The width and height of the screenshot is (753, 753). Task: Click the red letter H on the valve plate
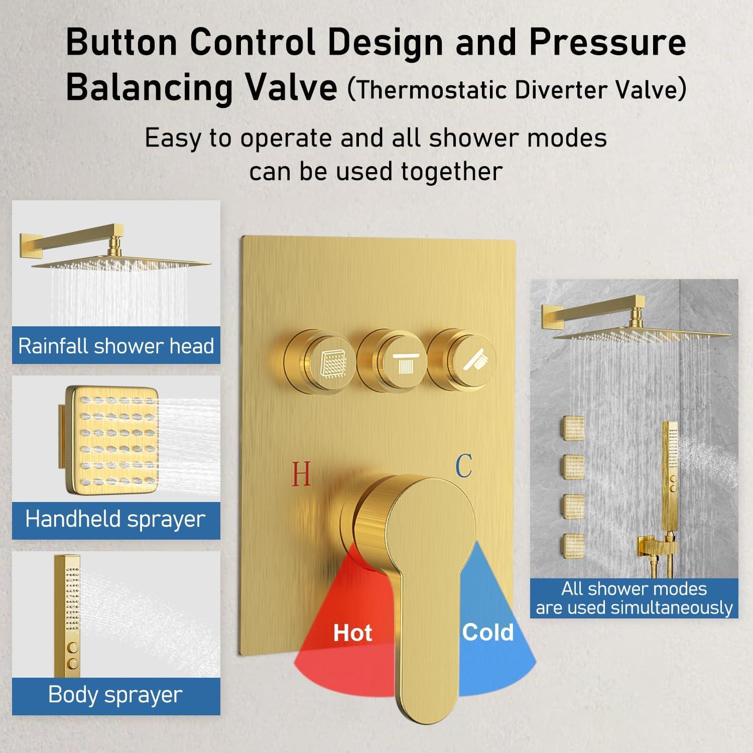tap(301, 474)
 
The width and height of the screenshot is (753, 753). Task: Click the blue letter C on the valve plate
tap(464, 465)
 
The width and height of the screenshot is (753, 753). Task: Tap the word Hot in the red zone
tap(353, 633)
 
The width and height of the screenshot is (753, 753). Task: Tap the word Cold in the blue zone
tap(488, 632)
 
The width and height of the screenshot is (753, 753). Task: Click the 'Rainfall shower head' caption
tap(116, 346)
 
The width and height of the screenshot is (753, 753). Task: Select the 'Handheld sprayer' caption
tap(115, 519)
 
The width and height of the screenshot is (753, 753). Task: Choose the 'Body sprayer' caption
tap(115, 695)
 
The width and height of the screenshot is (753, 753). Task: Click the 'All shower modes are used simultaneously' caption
tap(634, 598)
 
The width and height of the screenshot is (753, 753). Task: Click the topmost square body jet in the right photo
tap(572, 429)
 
